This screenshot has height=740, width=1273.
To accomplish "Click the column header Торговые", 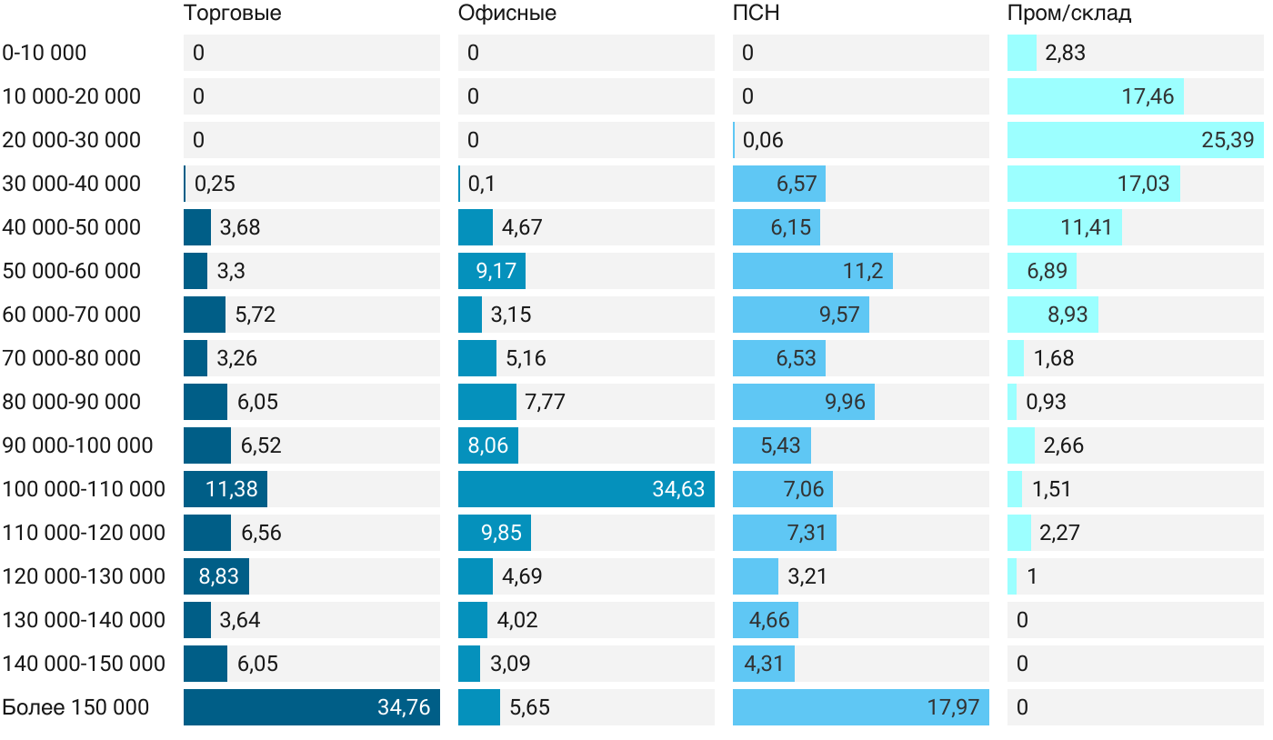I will (232, 14).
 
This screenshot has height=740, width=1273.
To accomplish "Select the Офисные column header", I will (507, 14).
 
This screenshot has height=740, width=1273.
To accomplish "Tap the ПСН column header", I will (757, 14).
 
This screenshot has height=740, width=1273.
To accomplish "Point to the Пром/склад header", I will (1069, 14).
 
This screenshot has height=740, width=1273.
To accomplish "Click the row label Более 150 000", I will (75, 707).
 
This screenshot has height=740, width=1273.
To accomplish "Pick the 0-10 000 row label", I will (45, 53).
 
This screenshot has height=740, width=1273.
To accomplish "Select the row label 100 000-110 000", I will (84, 489).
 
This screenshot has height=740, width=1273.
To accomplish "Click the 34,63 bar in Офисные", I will (586, 489).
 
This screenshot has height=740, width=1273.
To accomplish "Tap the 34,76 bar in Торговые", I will (311, 707).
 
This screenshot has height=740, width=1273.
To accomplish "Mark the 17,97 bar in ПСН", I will (860, 707).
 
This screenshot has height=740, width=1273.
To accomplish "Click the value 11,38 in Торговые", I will (232, 489).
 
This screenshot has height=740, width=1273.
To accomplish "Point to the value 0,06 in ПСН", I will (763, 140).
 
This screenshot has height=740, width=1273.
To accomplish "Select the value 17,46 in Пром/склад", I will (1148, 96).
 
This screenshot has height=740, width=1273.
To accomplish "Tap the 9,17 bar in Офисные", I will (491, 271).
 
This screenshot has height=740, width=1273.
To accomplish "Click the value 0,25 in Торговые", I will (215, 184).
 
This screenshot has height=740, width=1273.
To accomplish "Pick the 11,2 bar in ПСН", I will (812, 271).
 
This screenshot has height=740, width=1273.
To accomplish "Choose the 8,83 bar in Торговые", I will (216, 576).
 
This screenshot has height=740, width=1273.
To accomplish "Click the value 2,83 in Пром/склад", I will (1066, 53).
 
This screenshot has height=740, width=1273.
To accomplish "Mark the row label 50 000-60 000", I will (72, 271).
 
